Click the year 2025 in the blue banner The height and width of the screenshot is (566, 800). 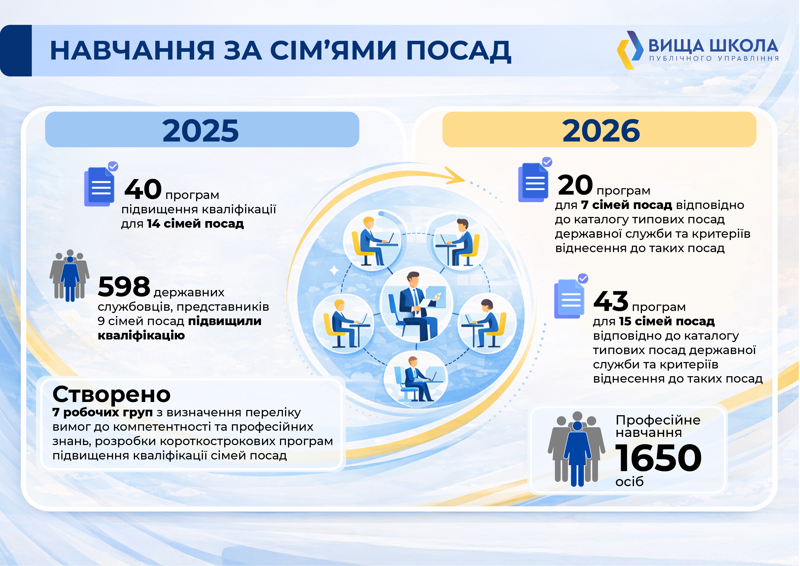click(200, 131)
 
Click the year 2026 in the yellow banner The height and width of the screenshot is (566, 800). click(601, 131)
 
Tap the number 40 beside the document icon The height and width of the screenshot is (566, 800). click(143, 189)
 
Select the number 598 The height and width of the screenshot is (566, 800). click(124, 287)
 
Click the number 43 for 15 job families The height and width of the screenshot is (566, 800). click(611, 301)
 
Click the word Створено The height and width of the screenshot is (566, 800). click(112, 394)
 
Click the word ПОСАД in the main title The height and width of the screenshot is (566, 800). click(459, 51)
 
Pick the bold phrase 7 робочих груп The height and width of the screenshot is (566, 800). click(102, 413)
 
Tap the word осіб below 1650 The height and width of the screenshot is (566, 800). click(629, 481)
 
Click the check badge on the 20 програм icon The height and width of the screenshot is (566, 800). click(547, 162)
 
